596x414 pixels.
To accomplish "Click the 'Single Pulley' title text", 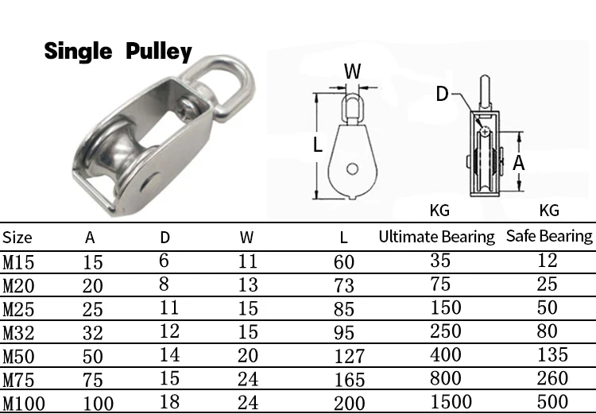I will click(x=118, y=52).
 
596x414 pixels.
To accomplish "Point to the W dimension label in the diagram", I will click(x=352, y=72).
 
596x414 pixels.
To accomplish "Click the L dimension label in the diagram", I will click(x=317, y=145).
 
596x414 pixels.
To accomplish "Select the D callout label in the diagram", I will click(x=442, y=95).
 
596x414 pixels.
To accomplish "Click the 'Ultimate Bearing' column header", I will click(x=436, y=236).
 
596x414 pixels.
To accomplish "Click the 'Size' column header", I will click(x=17, y=237).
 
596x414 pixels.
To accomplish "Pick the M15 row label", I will click(x=19, y=261).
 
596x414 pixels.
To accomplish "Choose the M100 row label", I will click(x=24, y=403).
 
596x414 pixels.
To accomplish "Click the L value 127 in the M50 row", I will click(x=349, y=355).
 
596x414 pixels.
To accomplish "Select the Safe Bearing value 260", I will click(x=548, y=378).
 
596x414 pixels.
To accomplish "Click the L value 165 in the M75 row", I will click(x=349, y=379).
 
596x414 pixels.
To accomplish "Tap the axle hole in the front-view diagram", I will click(x=351, y=168).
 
